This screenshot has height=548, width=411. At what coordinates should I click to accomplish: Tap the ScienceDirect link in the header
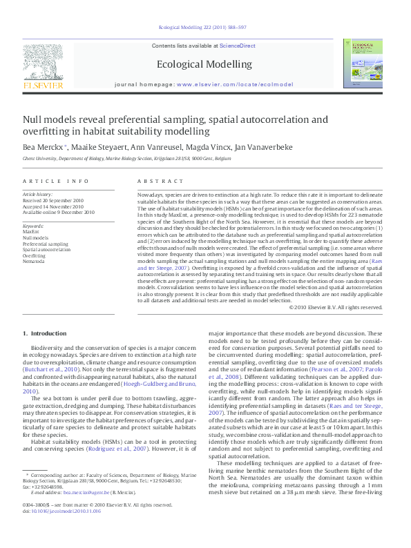pos(237,46)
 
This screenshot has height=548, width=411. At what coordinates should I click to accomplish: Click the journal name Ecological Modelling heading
pos(204,64)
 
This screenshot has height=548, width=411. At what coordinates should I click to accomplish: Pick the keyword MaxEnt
pos(31,232)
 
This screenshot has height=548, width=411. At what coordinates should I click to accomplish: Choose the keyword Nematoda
pos(34,262)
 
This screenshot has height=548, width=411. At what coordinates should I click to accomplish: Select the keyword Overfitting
pos(35,255)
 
